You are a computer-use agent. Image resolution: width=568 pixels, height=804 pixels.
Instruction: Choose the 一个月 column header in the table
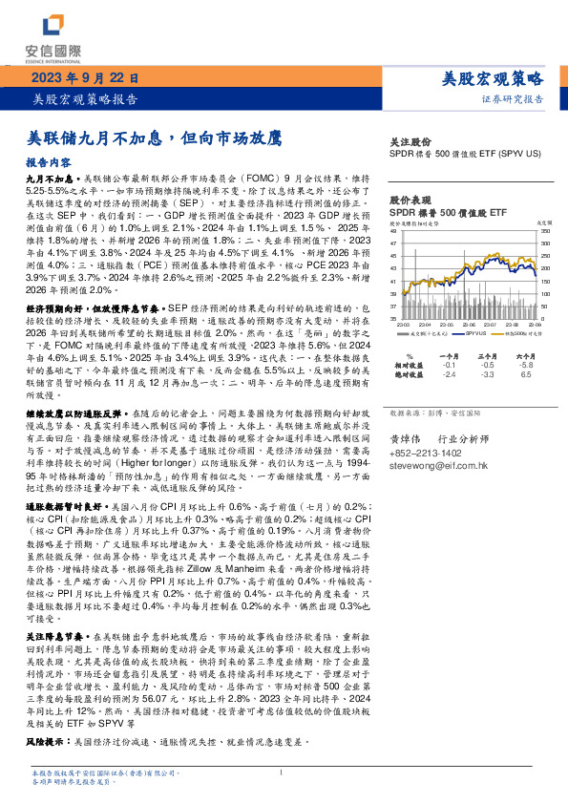pos(450,354)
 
